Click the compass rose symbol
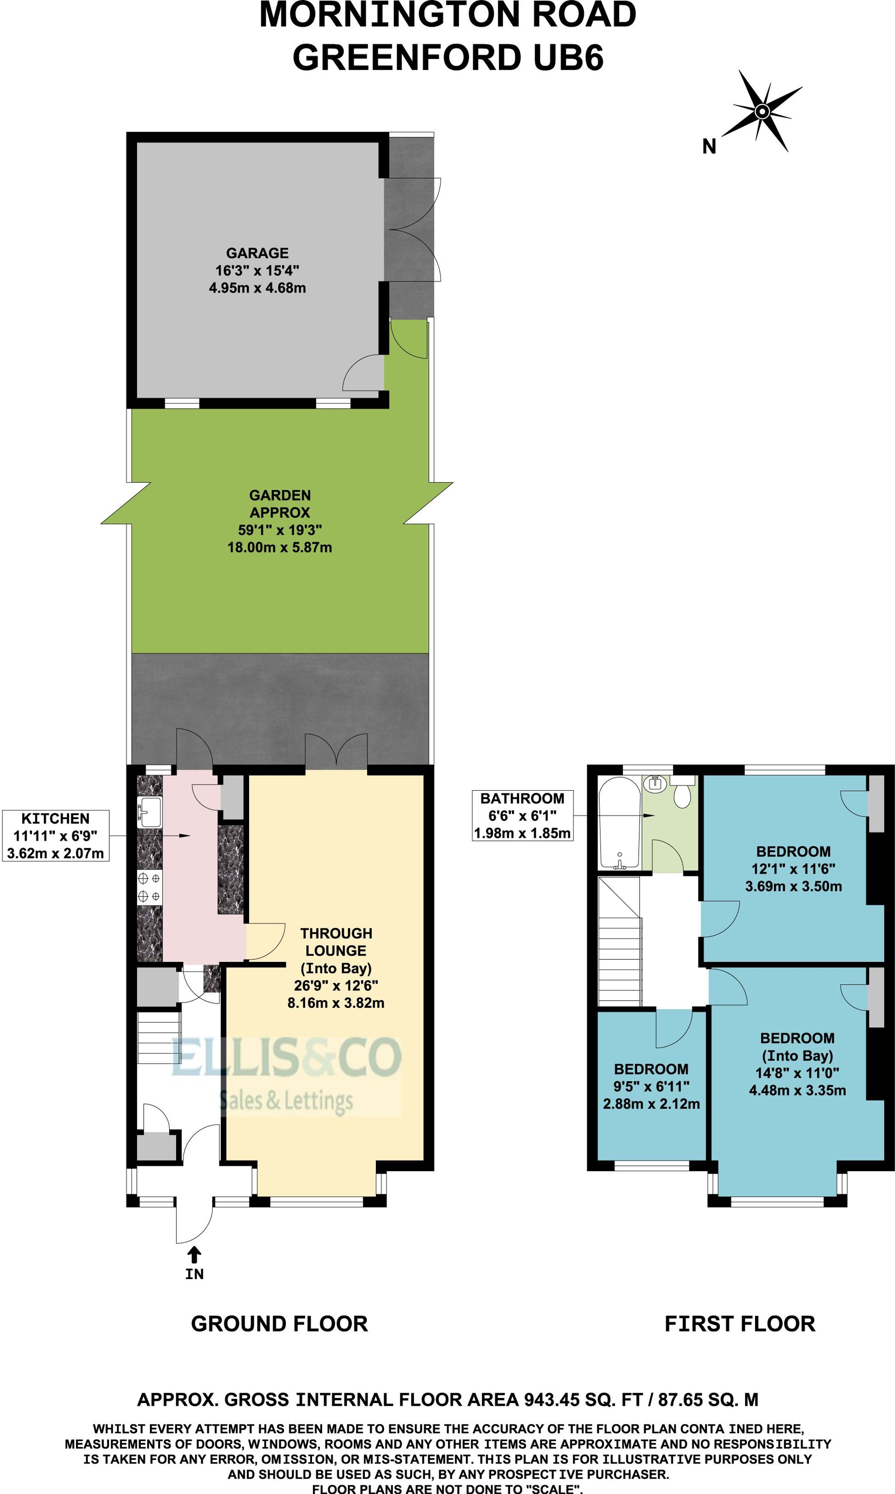click(762, 111)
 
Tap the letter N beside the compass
click(709, 146)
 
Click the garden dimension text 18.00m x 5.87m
click(279, 547)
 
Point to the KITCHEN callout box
click(56, 836)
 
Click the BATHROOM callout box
click(522, 816)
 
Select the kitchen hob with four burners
click(149, 888)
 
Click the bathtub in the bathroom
click(619, 823)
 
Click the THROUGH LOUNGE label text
click(336, 942)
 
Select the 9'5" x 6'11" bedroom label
click(651, 1086)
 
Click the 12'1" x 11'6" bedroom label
click(793, 869)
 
